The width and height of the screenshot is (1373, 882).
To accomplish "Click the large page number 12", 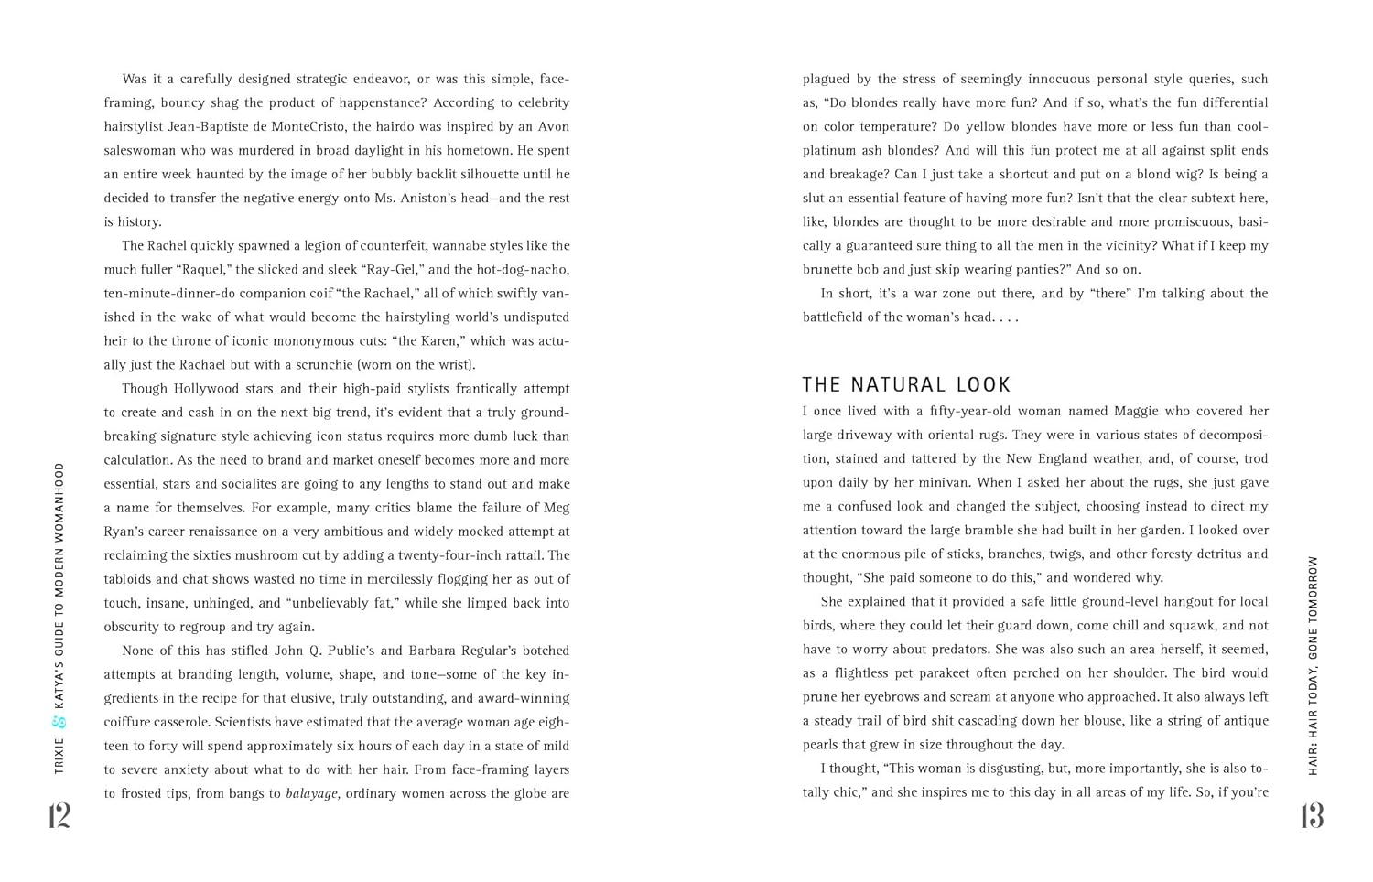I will (x=59, y=815).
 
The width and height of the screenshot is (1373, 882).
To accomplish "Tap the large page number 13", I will (x=1312, y=815).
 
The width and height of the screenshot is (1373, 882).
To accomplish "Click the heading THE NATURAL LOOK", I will (x=906, y=385).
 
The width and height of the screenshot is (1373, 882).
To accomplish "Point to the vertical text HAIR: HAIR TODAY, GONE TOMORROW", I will (x=1314, y=665).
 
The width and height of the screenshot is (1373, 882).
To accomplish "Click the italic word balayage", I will (x=313, y=794).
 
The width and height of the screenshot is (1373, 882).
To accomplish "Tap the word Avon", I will (x=552, y=127).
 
